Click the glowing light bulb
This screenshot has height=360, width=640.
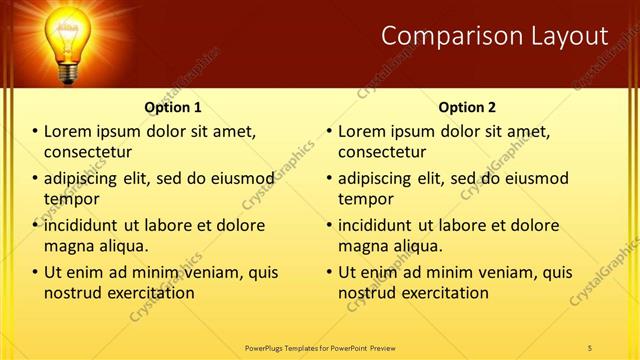[69, 31]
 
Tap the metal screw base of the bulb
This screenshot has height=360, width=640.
[69, 71]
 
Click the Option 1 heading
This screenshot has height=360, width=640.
[173, 107]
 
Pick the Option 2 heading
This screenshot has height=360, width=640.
[467, 107]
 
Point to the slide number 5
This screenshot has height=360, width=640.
[590, 347]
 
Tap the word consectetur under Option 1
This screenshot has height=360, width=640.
[88, 152]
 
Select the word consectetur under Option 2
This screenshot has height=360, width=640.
[382, 152]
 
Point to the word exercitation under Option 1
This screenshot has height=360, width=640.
[149, 293]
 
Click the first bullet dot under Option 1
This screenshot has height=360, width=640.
[35, 131]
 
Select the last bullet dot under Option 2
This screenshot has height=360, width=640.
[329, 272]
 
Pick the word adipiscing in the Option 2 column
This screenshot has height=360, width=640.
[376, 178]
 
